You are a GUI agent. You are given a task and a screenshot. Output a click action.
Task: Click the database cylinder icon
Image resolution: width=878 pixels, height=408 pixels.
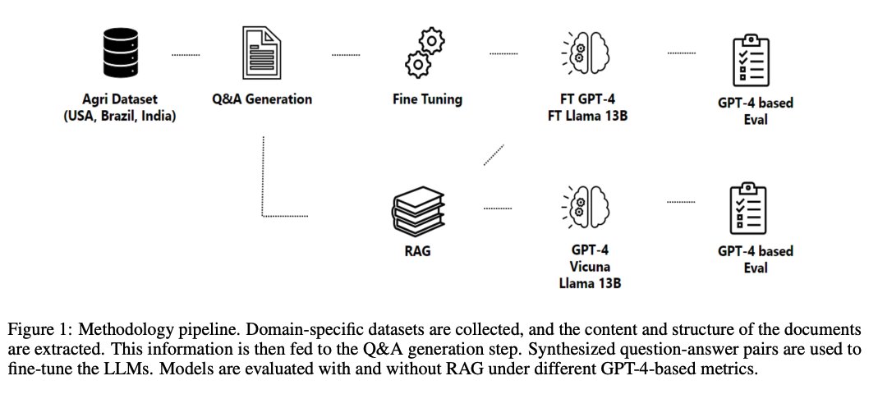tap(119, 54)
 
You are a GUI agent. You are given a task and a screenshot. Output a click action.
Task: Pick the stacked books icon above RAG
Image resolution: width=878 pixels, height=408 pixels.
tap(417, 206)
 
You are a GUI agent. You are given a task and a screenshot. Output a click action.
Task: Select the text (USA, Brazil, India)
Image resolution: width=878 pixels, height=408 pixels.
tap(119, 117)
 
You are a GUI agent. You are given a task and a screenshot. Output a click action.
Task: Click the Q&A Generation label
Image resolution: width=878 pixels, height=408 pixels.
tap(261, 99)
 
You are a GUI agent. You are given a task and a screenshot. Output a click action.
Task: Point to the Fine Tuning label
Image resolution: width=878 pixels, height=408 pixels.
tap(427, 99)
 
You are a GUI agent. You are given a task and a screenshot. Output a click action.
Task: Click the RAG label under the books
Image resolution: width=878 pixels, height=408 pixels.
tap(417, 251)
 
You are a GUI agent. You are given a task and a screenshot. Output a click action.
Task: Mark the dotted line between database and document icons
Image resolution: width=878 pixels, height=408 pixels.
tap(186, 55)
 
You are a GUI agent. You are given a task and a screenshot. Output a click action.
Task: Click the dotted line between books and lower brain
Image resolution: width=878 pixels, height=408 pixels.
tap(498, 207)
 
